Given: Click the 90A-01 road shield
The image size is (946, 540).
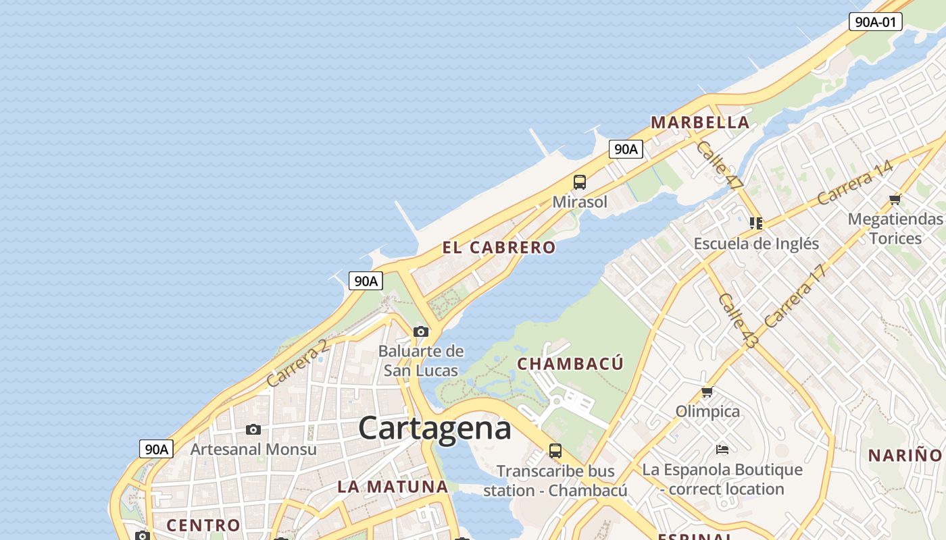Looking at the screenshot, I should click(876, 22).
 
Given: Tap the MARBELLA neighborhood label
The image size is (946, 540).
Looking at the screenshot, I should click(700, 123).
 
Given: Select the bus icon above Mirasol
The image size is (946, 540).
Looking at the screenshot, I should click(580, 182).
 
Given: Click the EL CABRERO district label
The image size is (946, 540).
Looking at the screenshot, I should click(499, 248).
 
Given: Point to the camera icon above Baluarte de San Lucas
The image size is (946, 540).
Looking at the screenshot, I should click(421, 331).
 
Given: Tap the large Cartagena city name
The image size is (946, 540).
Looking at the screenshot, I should click(434, 428).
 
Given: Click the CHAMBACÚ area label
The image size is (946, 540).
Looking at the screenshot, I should click(570, 364).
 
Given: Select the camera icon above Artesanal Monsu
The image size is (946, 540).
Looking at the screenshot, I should click(253, 429).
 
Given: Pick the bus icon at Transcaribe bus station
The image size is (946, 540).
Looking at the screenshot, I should click(555, 451).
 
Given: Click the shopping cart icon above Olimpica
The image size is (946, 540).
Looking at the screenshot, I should click(707, 392).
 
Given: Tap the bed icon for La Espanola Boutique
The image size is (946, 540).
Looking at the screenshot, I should click(722, 449).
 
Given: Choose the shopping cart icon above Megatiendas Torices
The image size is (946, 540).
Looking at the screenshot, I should click(895, 199).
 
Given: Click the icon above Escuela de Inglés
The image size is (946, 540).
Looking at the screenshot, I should click(756, 223).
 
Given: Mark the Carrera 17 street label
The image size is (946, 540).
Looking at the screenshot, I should click(795, 296).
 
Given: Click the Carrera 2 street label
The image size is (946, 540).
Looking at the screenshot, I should click(297, 362).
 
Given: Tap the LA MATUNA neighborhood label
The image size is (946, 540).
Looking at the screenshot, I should click(393, 487).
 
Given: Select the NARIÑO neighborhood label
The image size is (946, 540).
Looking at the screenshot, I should click(905, 455).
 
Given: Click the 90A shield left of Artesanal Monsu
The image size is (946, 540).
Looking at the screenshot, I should click(156, 449).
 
